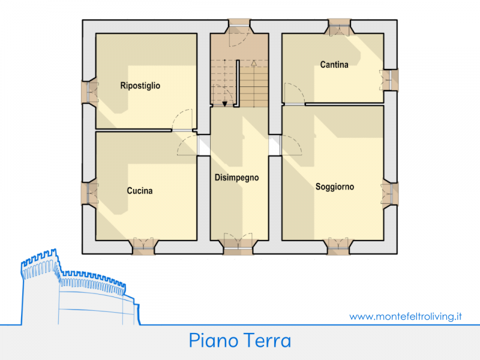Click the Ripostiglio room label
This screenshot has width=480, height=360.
[140, 86]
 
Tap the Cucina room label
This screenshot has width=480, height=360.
[140, 191]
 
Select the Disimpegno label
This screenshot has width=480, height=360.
[237, 178]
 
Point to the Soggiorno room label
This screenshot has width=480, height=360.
[335, 187]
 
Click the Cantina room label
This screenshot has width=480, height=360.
[334, 65]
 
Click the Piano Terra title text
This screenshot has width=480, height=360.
[240, 341]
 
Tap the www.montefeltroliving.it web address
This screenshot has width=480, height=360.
[406, 316]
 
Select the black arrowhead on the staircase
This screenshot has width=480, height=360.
[224, 104]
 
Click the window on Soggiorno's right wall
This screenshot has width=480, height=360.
[389, 192]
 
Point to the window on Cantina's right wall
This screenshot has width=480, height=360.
[389, 78]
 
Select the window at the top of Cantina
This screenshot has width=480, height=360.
[340, 28]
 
